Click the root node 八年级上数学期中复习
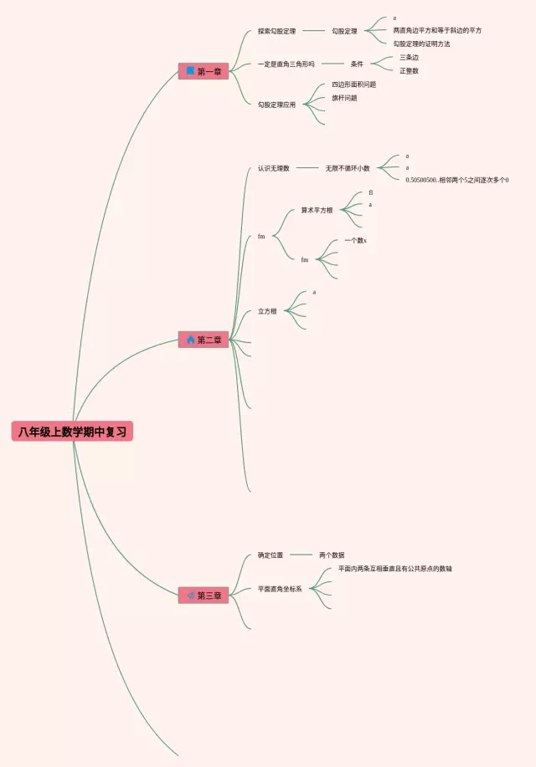pyautogui.click(x=72, y=432)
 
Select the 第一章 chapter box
pyautogui.click(x=203, y=72)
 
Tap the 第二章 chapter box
pyautogui.click(x=203, y=340)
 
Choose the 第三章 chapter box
pyautogui.click(x=203, y=596)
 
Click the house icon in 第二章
pyautogui.click(x=190, y=340)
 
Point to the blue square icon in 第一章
pyautogui.click(x=190, y=71)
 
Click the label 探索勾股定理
pyautogui.click(x=276, y=31)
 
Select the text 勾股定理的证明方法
pyautogui.click(x=421, y=43)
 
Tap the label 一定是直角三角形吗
pyautogui.click(x=286, y=64)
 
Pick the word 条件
pyautogui.click(x=357, y=64)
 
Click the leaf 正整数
pyautogui.click(x=409, y=71)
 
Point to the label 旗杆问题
pyautogui.click(x=344, y=98)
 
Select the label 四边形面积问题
pyautogui.click(x=353, y=84)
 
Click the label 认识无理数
pyautogui.click(x=273, y=168)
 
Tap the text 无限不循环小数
pyautogui.click(x=348, y=168)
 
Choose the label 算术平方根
pyautogui.click(x=317, y=210)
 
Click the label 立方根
pyautogui.click(x=267, y=311)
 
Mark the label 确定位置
pyautogui.click(x=271, y=555)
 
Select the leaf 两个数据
pyautogui.click(x=332, y=555)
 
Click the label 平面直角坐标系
pyautogui.click(x=280, y=589)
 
